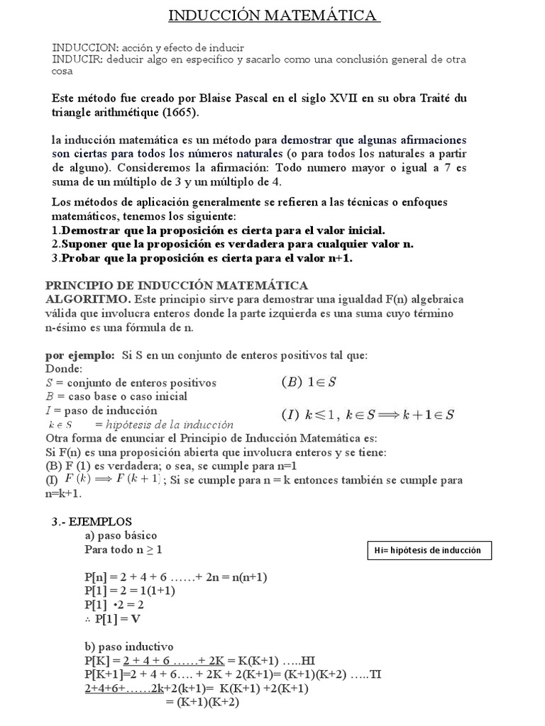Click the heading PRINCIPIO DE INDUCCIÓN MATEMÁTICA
(177, 285)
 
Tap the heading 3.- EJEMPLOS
(92, 521)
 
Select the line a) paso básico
(121, 535)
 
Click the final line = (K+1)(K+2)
(202, 702)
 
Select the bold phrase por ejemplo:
(79, 354)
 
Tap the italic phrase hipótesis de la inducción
(169, 425)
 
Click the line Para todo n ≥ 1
(128, 549)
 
